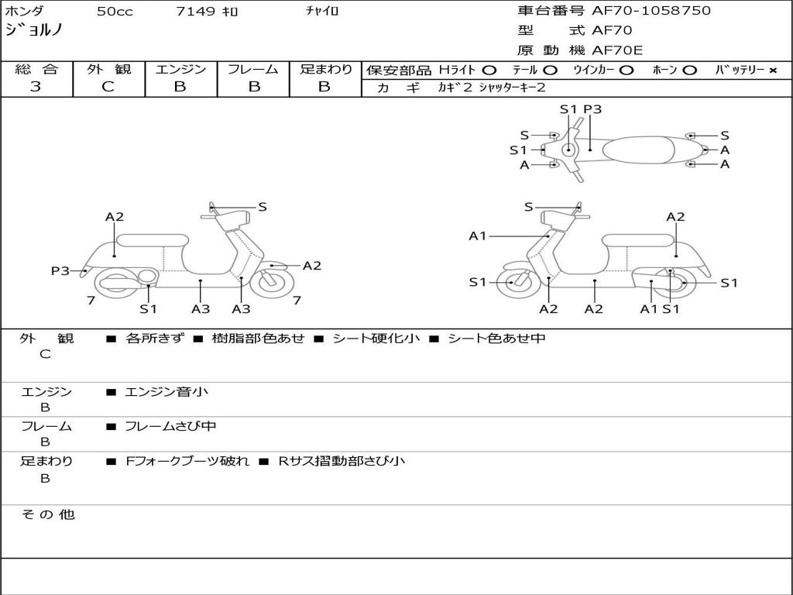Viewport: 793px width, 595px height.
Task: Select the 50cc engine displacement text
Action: click(113, 12)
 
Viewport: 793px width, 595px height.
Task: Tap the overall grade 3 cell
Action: click(36, 87)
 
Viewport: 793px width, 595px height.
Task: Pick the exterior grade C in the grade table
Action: click(108, 87)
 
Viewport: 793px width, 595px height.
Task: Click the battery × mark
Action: click(772, 70)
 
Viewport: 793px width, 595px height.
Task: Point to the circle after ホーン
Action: click(689, 70)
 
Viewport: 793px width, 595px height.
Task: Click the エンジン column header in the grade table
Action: click(180, 69)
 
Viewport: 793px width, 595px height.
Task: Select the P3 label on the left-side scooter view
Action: click(60, 270)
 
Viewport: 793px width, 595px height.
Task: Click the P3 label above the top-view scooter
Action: click(592, 109)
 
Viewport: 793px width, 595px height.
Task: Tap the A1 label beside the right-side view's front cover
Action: click(477, 236)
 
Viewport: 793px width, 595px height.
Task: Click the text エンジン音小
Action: click(166, 392)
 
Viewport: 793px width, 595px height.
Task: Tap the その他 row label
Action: click(47, 514)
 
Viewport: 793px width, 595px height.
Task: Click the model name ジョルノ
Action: click(34, 31)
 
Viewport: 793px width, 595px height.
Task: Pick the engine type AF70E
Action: click(617, 50)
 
